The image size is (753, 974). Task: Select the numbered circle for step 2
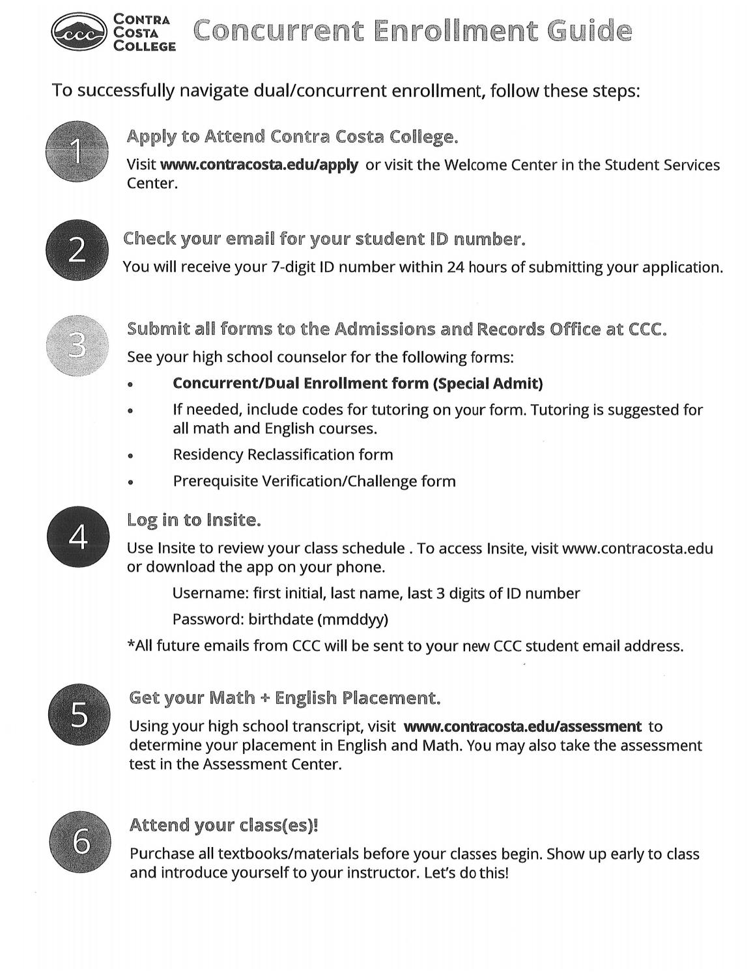pos(77,251)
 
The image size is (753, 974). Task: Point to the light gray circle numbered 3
pos(77,345)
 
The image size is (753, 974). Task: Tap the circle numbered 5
pos(78,715)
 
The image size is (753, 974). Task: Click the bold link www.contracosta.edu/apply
pos(259,165)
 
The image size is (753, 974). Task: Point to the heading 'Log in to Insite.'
pos(193,520)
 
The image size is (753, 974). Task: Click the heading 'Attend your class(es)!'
pos(224,826)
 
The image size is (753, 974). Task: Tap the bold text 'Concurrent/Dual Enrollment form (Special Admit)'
pos(357,383)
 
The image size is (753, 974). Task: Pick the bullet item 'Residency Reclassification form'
pos(283,454)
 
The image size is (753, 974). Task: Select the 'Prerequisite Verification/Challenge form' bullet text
pos(314,481)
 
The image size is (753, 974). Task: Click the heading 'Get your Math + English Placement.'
pos(285,698)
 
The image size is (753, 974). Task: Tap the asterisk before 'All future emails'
pos(130,645)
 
